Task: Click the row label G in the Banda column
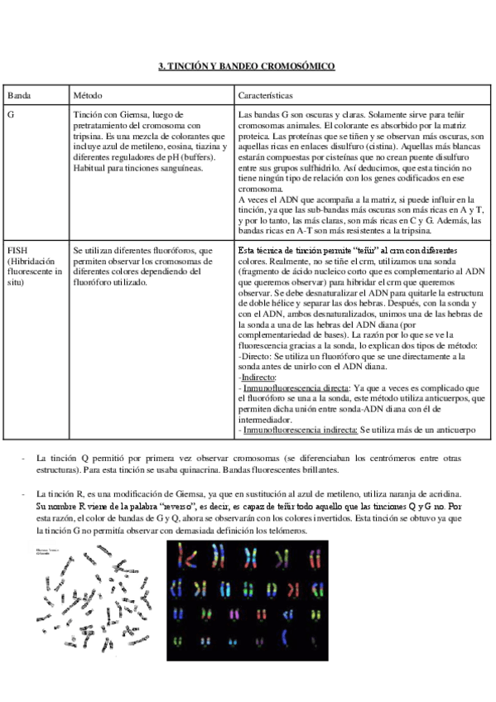coord(10,114)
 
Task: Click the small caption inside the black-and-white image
coord(48,552)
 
